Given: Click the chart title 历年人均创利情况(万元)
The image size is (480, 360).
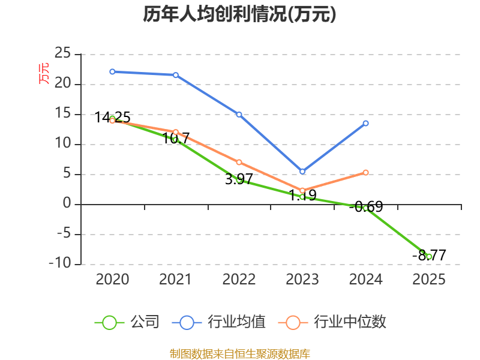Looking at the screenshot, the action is (x=239, y=14).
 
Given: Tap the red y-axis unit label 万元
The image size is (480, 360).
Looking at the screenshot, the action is (x=44, y=73).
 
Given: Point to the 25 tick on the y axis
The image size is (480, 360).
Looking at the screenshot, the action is (x=63, y=53).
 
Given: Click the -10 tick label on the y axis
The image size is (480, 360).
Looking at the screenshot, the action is (x=60, y=263).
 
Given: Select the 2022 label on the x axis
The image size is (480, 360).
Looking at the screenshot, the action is (x=239, y=279).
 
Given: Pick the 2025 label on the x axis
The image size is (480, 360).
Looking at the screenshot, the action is (x=429, y=279).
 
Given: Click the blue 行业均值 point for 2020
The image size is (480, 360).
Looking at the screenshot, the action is (x=112, y=71).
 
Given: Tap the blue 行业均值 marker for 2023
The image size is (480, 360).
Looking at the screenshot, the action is (x=302, y=172).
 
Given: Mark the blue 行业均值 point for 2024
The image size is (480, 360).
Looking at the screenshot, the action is (x=366, y=124).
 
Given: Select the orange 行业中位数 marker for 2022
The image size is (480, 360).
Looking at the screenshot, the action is (x=239, y=162).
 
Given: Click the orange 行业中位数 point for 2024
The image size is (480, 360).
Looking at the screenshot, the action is (x=366, y=173).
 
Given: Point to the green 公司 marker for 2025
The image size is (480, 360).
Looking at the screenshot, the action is (x=429, y=257).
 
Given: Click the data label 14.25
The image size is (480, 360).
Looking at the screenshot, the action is (x=112, y=118).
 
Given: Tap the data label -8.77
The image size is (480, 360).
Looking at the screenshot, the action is (x=429, y=256).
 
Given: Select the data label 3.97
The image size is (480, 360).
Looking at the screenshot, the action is (x=239, y=179).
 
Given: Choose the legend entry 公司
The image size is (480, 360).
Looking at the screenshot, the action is (x=127, y=322).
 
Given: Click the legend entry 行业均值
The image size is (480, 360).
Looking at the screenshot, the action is (x=219, y=322).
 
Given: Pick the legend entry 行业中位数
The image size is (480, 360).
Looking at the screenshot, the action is (x=332, y=322).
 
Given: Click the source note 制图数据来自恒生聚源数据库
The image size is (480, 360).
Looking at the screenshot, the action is (x=240, y=354).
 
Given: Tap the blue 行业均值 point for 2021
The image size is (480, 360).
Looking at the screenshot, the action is (x=176, y=75).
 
